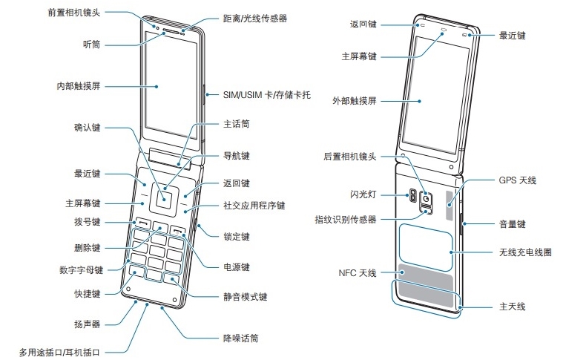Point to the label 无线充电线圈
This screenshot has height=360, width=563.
click(526, 252)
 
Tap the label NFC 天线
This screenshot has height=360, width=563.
click(357, 274)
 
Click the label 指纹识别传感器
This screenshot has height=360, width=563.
click(345, 219)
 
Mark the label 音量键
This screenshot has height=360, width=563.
click(511, 223)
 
